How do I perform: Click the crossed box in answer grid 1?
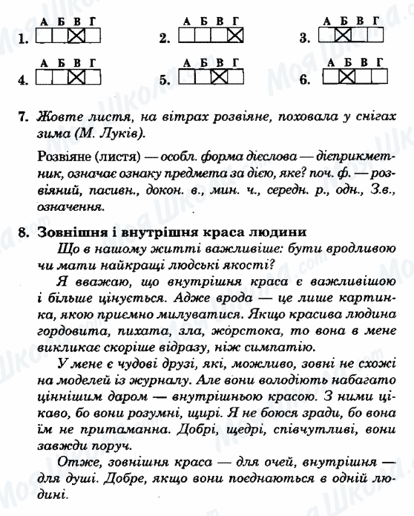pos(76,35)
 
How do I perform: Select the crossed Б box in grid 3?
pos(342,35)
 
